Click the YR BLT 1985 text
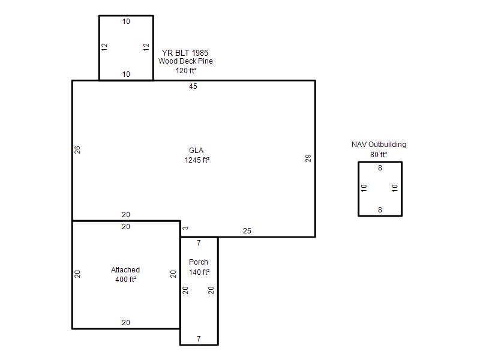click(x=185, y=53)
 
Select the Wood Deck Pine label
click(x=185, y=61)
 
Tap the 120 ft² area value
click(x=186, y=70)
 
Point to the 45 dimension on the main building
click(x=193, y=86)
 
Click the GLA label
click(x=196, y=151)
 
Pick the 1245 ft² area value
click(x=197, y=160)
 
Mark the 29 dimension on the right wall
click(x=308, y=158)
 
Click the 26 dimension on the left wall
click(x=77, y=149)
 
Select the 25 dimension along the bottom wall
click(x=247, y=231)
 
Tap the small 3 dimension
click(x=185, y=228)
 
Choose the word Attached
click(x=125, y=269)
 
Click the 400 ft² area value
click(x=126, y=279)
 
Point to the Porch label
click(x=199, y=262)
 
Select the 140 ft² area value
click(x=199, y=272)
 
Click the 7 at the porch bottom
click(x=199, y=338)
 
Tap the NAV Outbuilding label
click(x=379, y=145)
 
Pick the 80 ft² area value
click(x=379, y=154)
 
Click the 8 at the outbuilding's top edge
click(x=380, y=168)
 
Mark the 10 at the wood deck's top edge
click(x=126, y=22)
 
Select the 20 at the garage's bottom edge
click(x=126, y=322)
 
